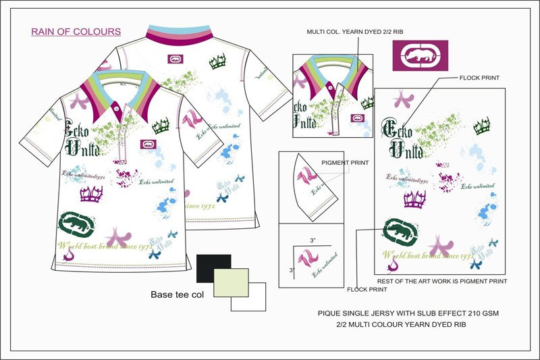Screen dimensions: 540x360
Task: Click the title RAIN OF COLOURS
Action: [x=76, y=32]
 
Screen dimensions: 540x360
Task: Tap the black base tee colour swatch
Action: [x=213, y=268]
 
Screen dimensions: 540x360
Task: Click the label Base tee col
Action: [x=177, y=295]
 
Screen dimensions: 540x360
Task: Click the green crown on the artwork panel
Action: [x=481, y=125]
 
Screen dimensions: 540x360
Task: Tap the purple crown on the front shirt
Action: [x=90, y=195]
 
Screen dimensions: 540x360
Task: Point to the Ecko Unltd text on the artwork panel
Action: [x=402, y=138]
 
